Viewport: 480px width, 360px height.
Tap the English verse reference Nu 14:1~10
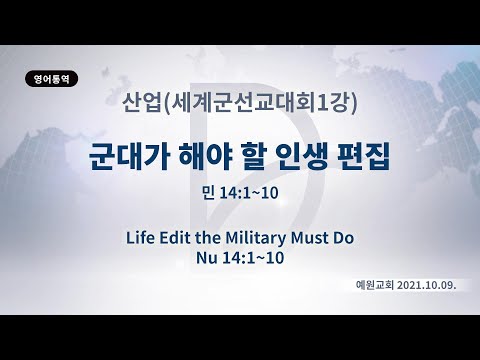[x=240, y=258]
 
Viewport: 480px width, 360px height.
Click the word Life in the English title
[x=143, y=239]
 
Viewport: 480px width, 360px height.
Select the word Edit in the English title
[x=185, y=239]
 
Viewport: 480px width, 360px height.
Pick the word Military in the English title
[x=264, y=239]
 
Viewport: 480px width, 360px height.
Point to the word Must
[x=320, y=239]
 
